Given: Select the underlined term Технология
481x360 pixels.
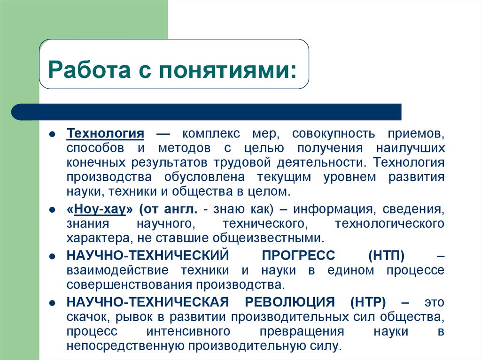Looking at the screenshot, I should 105,133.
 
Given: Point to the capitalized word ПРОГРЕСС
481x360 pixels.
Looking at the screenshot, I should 298,256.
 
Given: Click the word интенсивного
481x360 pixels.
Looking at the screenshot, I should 188,331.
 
